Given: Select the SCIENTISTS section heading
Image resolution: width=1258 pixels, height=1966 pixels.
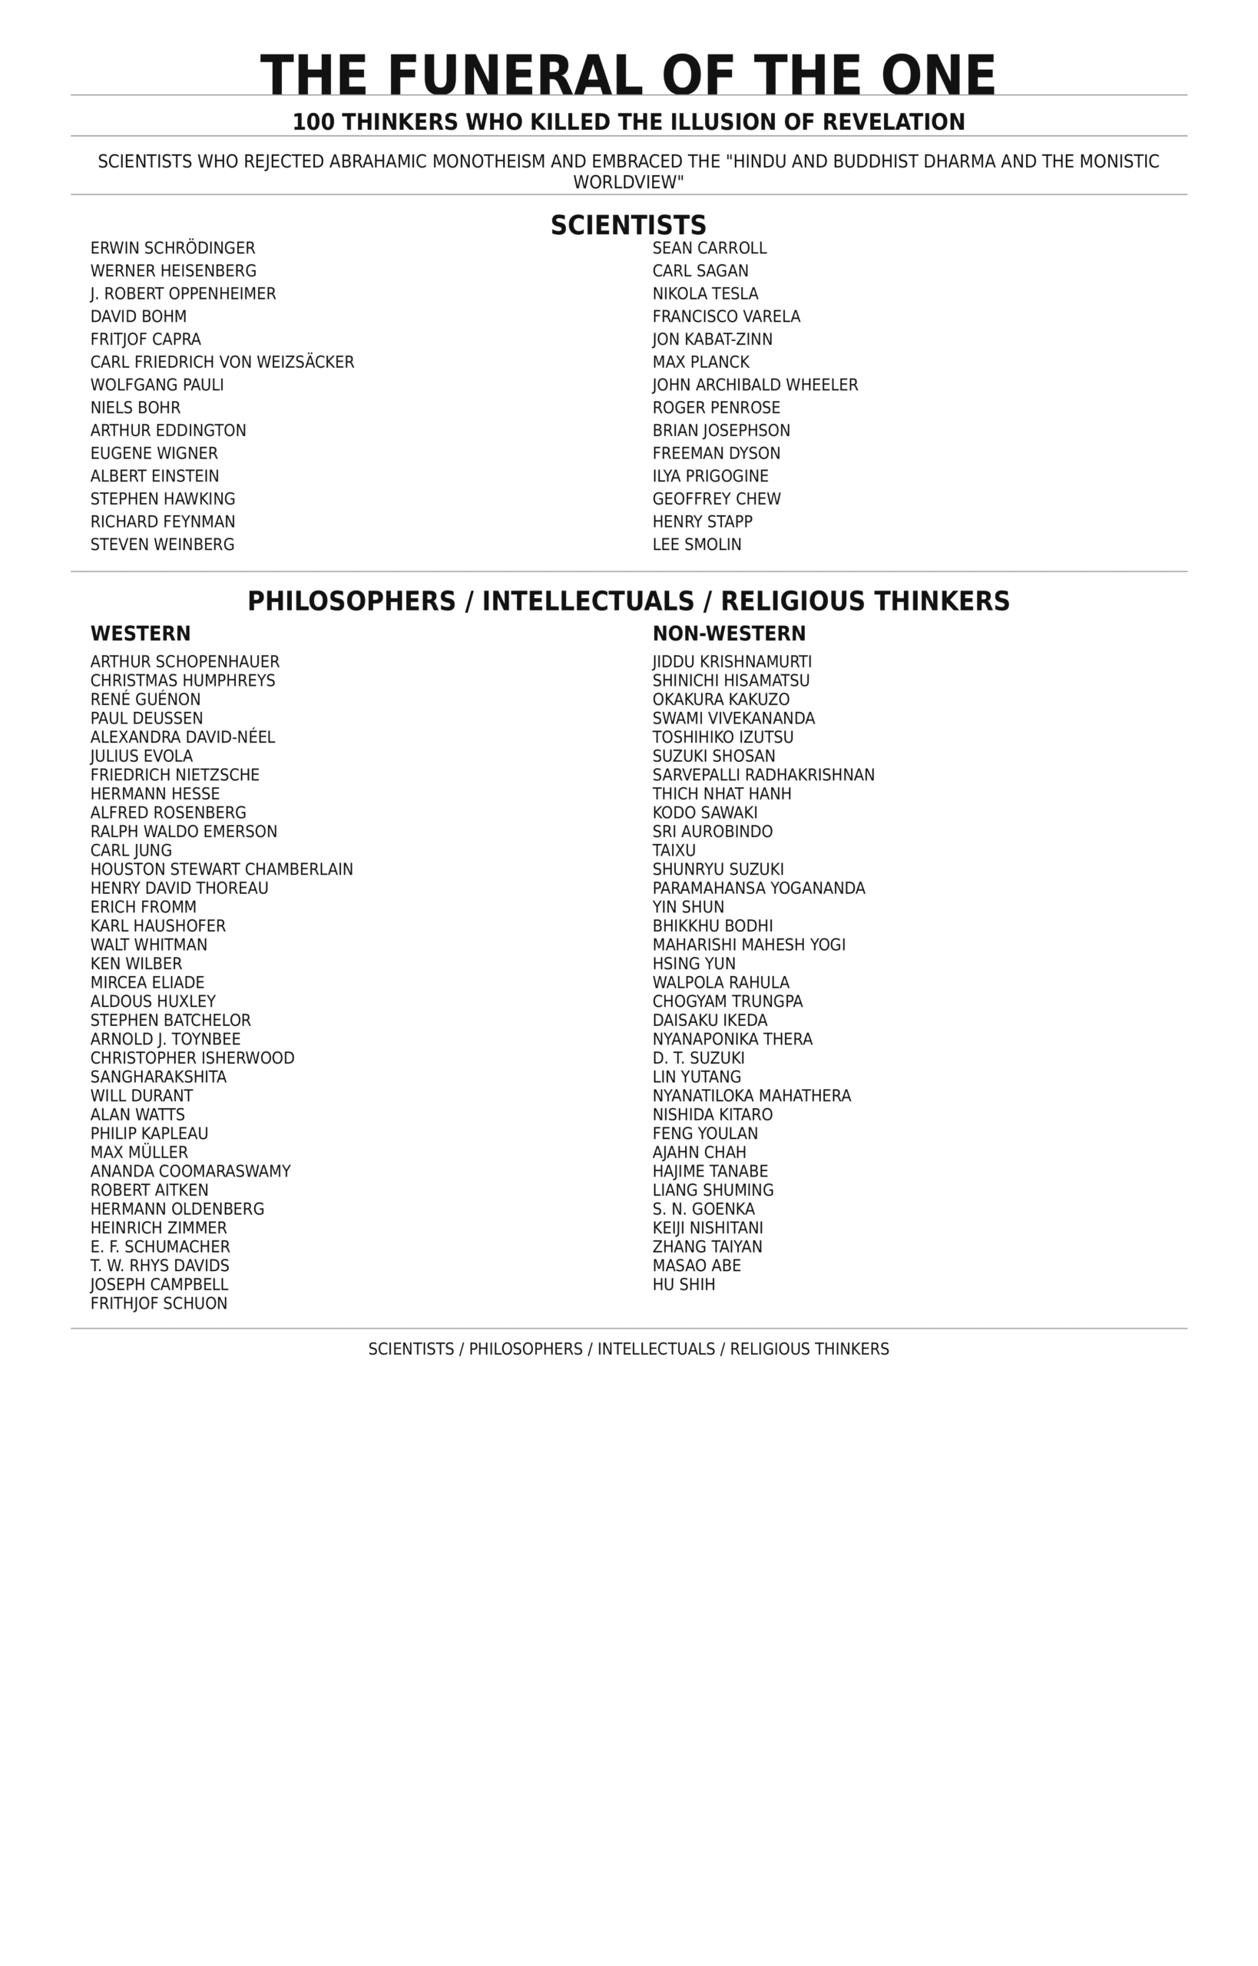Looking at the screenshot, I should (628, 226).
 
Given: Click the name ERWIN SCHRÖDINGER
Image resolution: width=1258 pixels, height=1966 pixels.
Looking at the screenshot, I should (172, 248).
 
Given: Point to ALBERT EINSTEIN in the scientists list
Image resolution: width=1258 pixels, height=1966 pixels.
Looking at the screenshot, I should (154, 476).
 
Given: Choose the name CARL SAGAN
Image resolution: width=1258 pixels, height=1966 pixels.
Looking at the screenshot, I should (700, 271).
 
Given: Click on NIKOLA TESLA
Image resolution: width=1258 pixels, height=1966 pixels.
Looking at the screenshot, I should (705, 294).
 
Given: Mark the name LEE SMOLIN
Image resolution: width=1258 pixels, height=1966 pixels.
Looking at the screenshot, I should (697, 544).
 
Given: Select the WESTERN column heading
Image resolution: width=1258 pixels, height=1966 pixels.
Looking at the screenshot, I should (141, 634).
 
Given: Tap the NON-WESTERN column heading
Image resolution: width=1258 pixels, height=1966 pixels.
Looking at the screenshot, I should (729, 634).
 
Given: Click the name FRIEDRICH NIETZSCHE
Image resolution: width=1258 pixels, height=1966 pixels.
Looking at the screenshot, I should (175, 775).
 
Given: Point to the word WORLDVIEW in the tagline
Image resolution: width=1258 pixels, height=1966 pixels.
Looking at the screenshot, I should (626, 183).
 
